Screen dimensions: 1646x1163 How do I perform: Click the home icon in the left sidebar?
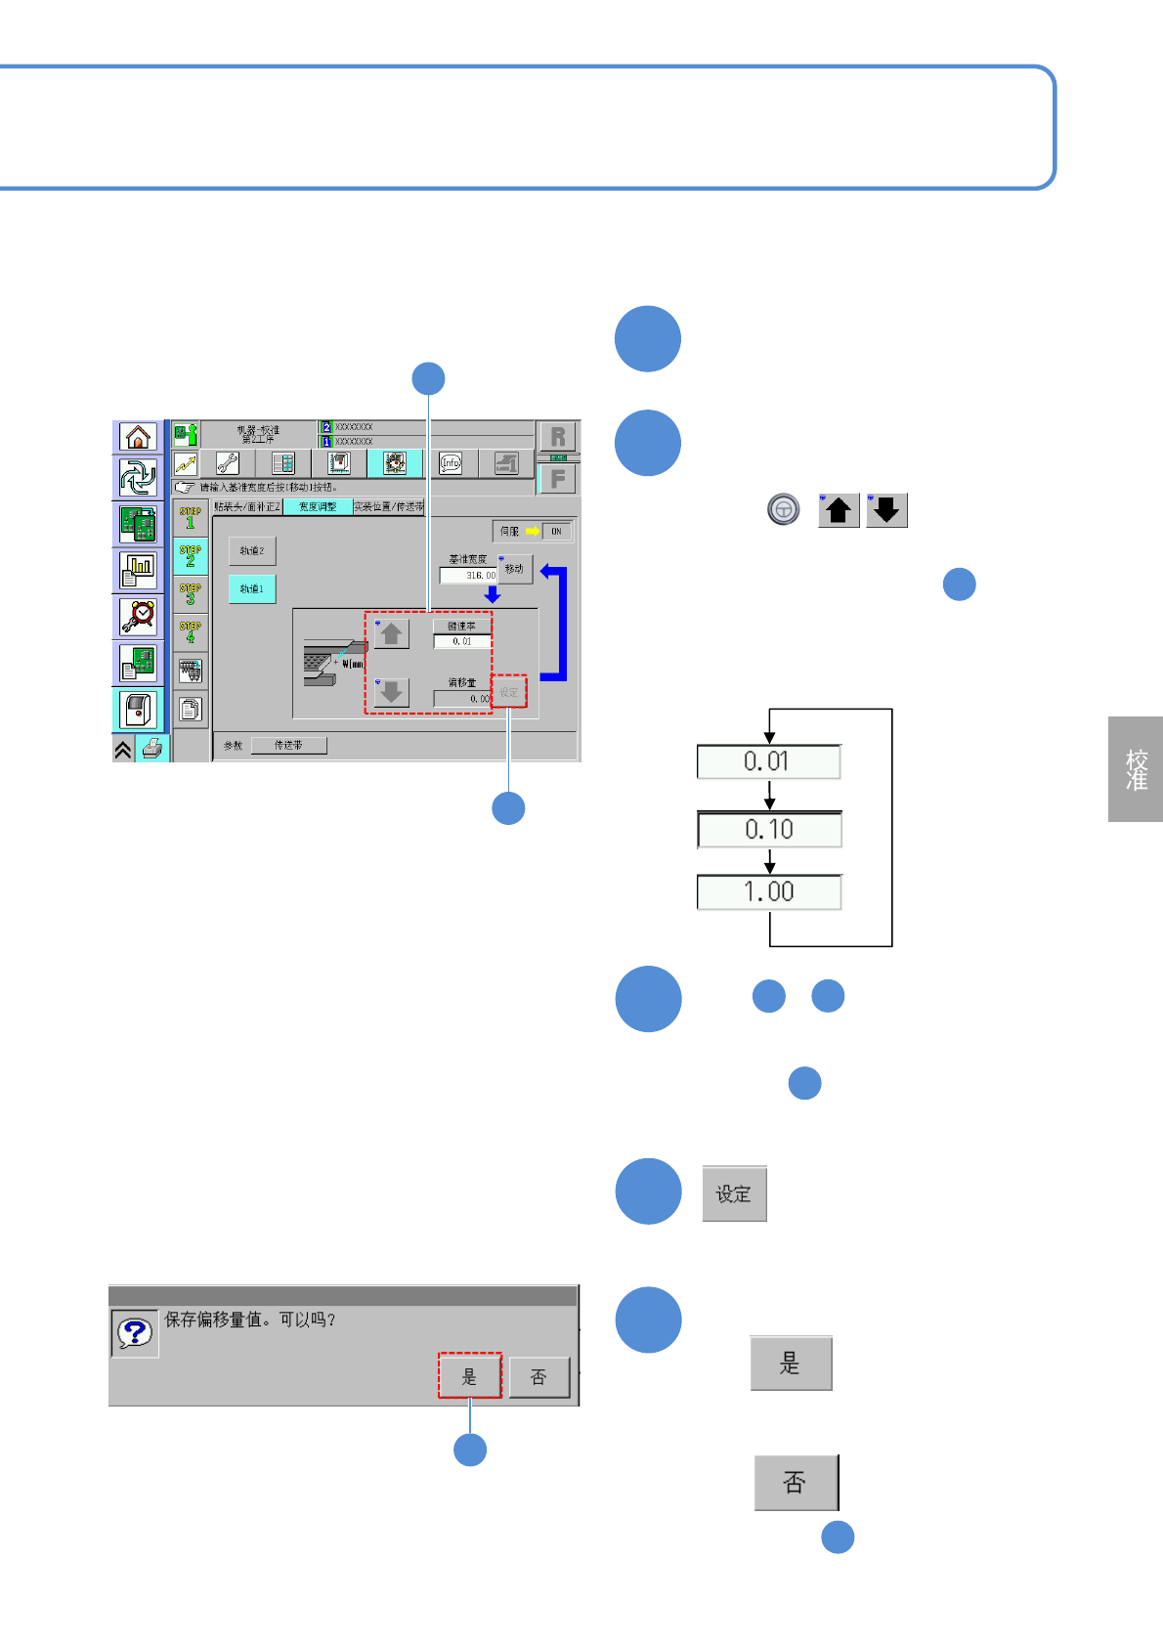(138, 437)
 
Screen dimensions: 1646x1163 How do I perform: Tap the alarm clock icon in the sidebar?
(138, 616)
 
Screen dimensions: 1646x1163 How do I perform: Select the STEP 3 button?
(191, 592)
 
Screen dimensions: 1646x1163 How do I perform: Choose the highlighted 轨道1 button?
(252, 589)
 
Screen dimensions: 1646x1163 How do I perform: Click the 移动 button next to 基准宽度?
(515, 569)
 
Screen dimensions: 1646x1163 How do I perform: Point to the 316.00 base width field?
(469, 576)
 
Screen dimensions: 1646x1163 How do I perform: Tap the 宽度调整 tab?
(318, 506)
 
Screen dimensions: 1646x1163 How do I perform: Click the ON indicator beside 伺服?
(556, 532)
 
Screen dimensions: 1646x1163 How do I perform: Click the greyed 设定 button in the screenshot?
(509, 692)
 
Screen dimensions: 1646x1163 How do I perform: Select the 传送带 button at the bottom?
(288, 745)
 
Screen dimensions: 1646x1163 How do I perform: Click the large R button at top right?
(558, 437)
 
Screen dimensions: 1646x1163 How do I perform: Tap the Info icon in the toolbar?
(451, 463)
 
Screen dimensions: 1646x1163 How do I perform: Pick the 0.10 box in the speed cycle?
(769, 830)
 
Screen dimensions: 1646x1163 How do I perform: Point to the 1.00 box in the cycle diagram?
(769, 892)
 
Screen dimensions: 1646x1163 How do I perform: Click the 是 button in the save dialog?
(469, 1376)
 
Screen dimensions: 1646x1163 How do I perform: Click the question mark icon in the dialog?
(135, 1332)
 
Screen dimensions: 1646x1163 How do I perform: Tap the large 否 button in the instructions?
(796, 1483)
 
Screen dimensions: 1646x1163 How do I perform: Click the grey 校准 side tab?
(1136, 769)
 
